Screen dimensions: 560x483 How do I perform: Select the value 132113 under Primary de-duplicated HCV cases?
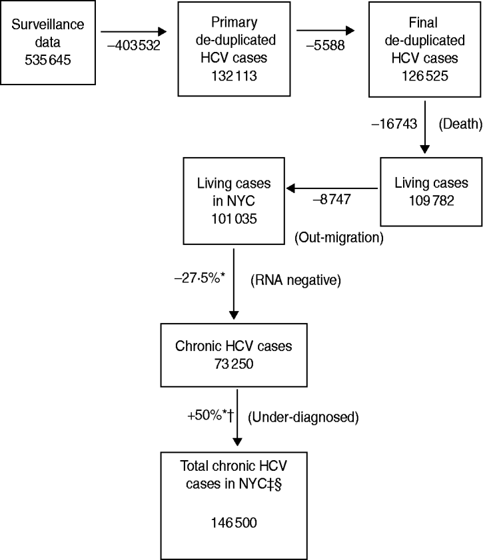tap(234, 76)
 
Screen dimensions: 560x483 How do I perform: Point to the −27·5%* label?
tap(199, 281)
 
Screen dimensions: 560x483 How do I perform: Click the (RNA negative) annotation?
tap(296, 281)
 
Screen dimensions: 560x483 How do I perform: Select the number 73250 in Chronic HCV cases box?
tap(233, 363)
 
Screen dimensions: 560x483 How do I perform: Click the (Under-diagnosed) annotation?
tap(303, 418)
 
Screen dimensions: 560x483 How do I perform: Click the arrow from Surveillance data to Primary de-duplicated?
tap(133, 31)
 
